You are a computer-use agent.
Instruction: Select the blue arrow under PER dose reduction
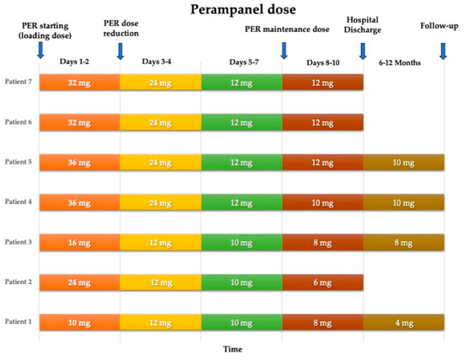coord(119,52)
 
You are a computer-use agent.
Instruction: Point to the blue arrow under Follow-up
coord(445,51)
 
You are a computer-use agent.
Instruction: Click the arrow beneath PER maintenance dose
coord(283,52)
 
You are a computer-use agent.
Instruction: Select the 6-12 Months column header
coord(404,62)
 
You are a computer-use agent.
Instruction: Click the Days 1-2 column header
coord(79,62)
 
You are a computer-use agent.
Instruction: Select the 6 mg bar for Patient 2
coord(322,282)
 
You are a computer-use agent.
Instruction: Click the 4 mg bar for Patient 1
coord(403,322)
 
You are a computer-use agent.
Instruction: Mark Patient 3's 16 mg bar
coord(79,242)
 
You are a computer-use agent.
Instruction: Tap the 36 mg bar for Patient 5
coord(79,161)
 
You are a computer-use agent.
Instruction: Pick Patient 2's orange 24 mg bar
coord(79,282)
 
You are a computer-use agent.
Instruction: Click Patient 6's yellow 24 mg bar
coord(160,121)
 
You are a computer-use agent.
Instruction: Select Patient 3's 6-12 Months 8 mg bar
coord(403,242)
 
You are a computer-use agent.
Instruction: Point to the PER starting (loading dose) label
coord(40,30)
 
